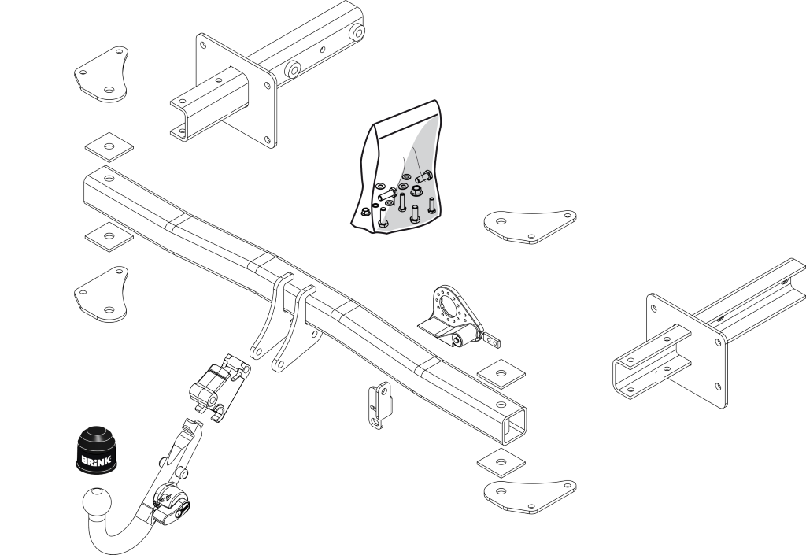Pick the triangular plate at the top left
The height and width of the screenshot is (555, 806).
(x=103, y=73)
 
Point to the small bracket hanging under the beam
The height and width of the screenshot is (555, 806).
(x=380, y=403)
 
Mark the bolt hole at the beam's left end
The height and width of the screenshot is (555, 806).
(x=108, y=179)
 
